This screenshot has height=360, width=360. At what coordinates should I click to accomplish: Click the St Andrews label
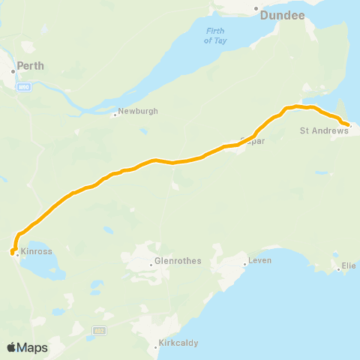tap(324, 130)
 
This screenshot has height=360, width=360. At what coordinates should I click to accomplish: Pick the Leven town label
tap(261, 260)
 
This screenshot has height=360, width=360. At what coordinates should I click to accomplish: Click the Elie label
tap(349, 265)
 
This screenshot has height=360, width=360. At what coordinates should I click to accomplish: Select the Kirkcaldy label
tap(178, 344)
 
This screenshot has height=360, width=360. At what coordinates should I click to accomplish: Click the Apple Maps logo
tap(27, 348)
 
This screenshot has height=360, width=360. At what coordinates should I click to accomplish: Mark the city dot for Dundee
tap(256, 9)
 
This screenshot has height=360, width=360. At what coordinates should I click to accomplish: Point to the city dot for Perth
tap(13, 72)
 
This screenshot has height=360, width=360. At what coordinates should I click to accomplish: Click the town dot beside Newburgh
tap(115, 115)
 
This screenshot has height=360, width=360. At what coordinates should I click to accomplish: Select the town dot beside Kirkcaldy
tap(156, 345)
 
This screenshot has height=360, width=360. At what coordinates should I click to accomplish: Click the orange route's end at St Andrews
tap(347, 125)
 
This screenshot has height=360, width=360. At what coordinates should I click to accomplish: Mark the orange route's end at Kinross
tap(13, 253)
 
